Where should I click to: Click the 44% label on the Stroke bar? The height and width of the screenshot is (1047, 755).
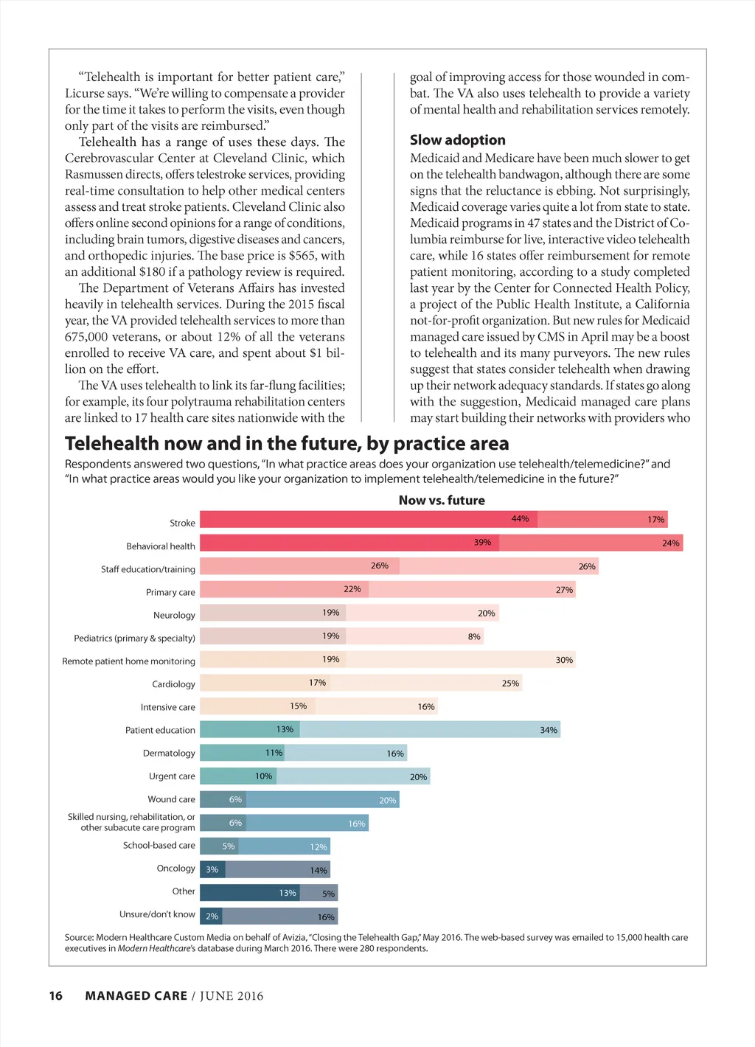tap(520, 519)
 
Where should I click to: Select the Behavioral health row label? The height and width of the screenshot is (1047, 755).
tap(161, 546)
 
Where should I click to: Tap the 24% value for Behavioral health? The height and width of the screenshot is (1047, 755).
tap(670, 543)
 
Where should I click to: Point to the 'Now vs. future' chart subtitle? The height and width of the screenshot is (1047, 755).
tap(442, 500)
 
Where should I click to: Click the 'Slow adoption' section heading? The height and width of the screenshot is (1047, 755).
tap(458, 140)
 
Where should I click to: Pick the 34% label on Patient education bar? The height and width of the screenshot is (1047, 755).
tap(549, 730)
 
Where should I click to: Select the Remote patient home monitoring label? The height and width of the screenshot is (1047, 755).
tap(129, 661)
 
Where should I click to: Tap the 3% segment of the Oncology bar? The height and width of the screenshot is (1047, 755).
tap(212, 870)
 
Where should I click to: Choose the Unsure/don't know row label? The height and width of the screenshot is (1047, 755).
tap(157, 914)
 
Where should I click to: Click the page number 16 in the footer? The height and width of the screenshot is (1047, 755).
tap(56, 996)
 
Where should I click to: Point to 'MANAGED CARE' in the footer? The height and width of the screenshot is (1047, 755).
tap(136, 996)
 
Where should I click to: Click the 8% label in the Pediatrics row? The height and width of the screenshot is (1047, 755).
tap(474, 636)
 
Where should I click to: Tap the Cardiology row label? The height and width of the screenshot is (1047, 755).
tap(173, 684)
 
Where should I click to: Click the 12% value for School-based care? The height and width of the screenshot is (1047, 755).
tap(319, 847)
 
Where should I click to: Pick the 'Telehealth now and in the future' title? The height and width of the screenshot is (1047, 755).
tap(287, 444)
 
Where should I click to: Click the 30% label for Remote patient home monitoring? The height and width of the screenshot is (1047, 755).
tap(564, 660)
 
